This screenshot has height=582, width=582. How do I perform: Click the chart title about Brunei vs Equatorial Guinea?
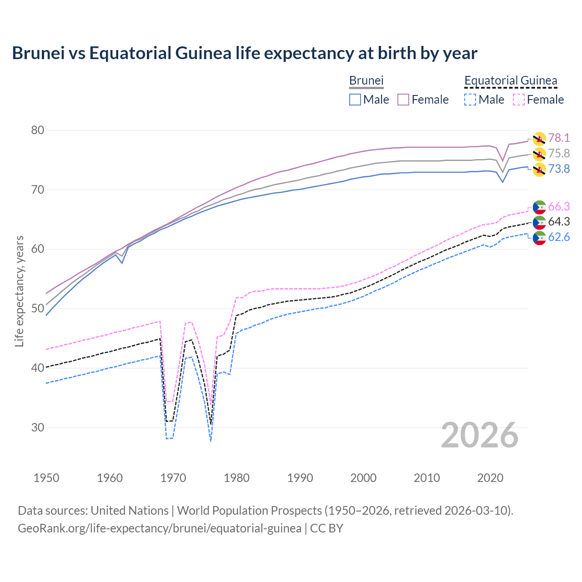coord(245,53)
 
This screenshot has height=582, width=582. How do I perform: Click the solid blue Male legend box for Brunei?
coord(355,100)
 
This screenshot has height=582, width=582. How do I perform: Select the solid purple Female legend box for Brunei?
coord(404,100)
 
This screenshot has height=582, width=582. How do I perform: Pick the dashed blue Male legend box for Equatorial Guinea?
coord(470,100)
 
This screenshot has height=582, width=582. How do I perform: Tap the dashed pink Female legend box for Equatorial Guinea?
coord(519,100)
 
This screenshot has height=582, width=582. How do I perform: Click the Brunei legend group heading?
coord(366,81)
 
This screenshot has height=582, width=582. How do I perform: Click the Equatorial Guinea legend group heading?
coord(511,81)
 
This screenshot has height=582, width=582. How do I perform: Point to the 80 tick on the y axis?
coord(38,130)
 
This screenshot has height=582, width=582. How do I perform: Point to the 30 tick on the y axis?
coord(38,428)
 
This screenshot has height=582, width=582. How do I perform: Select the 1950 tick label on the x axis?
coord(46,478)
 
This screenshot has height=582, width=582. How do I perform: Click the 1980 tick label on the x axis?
coord(236,478)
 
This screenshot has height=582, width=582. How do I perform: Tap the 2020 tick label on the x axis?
coord(490,478)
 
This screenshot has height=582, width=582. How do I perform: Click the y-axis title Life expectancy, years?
coord(20,291)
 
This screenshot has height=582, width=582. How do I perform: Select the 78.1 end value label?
coord(559,138)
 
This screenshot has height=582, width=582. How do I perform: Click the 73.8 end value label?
coord(559,169)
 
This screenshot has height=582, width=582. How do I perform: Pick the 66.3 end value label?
coord(559,207)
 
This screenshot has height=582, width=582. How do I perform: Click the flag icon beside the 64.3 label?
coord(539,222)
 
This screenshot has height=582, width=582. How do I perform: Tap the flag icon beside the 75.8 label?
coord(539,154)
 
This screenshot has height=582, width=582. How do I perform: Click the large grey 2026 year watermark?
coord(479,435)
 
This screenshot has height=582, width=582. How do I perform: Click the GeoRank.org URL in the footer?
coord(160,528)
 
